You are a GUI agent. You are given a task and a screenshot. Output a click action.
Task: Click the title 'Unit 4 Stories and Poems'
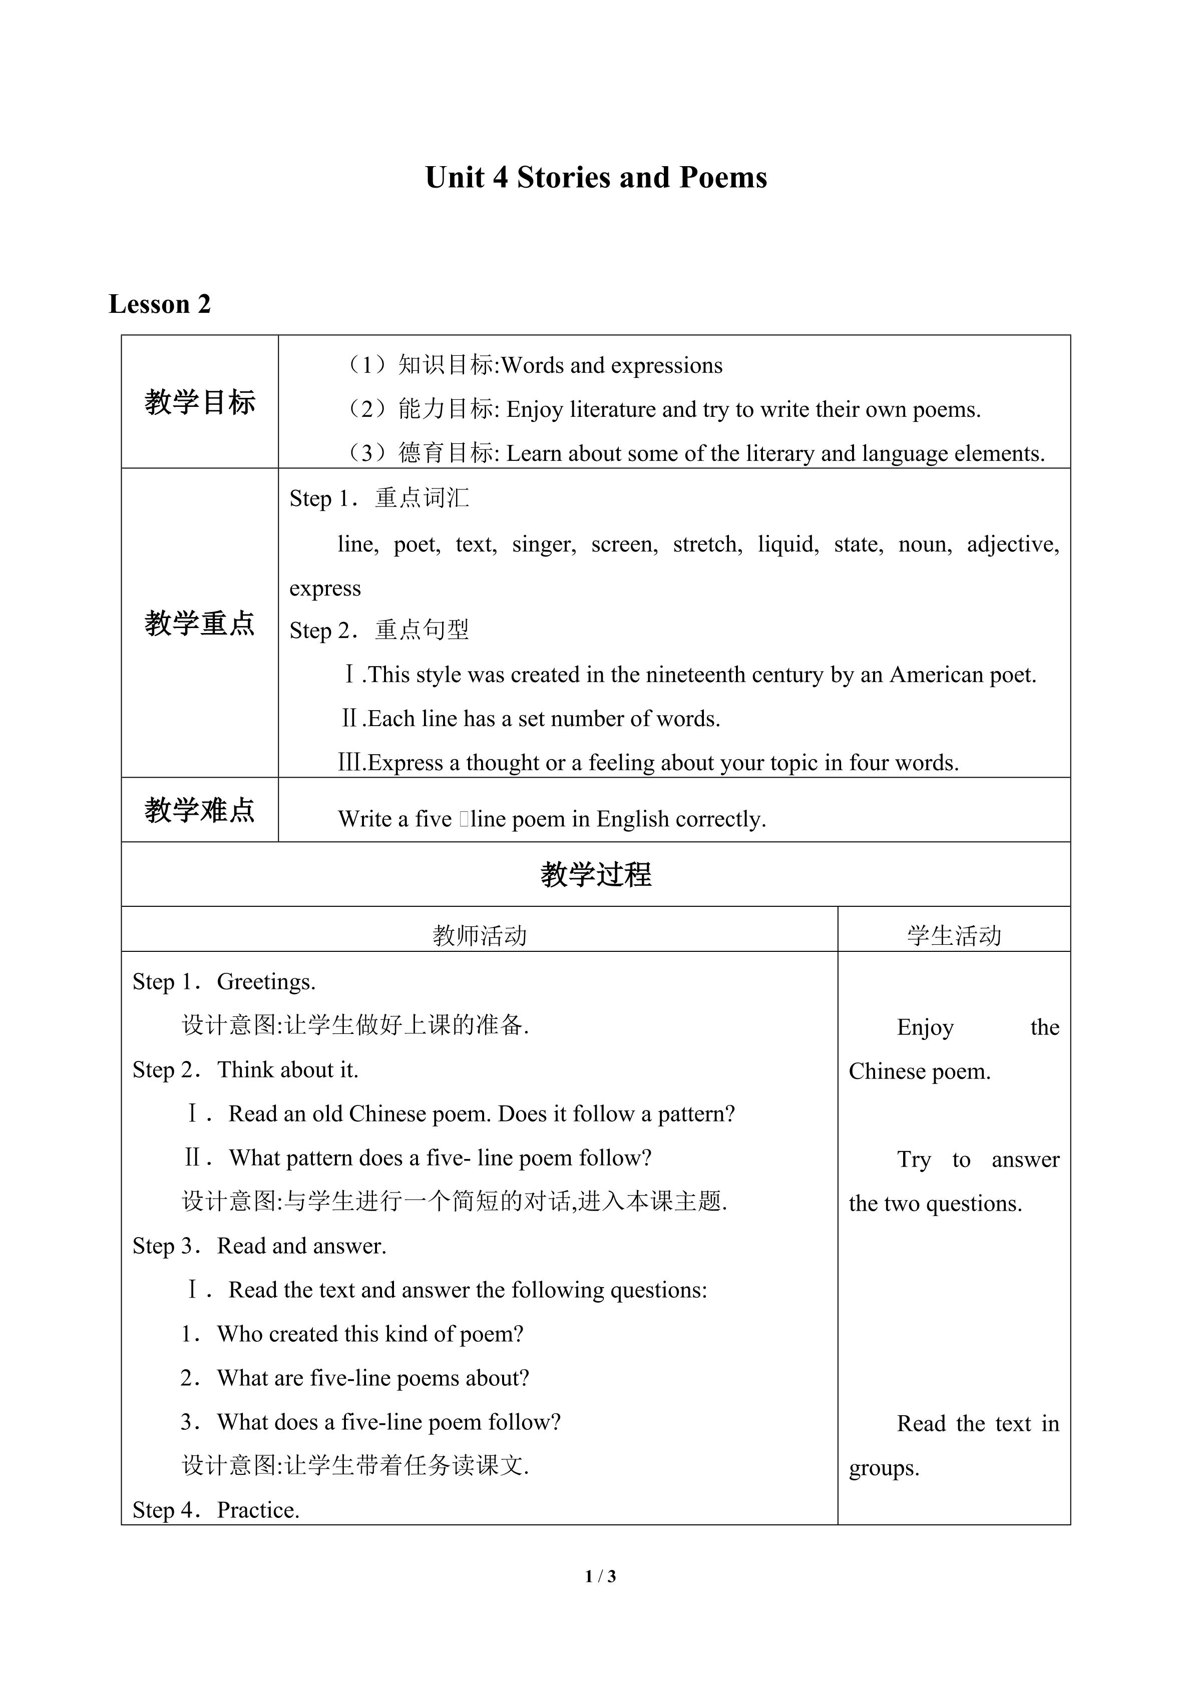tap(595, 178)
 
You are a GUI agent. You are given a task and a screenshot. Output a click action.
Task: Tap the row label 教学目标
tap(200, 402)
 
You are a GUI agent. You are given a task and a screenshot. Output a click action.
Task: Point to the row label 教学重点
tap(200, 623)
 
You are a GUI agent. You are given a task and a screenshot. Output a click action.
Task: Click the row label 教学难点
tap(200, 810)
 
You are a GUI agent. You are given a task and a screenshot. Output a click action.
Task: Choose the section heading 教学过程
tap(595, 874)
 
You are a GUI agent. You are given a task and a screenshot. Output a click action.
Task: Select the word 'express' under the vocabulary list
tap(325, 589)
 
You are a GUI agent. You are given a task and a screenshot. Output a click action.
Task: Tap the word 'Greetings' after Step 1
tap(266, 982)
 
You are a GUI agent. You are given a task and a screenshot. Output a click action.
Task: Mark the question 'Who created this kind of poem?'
tap(370, 1334)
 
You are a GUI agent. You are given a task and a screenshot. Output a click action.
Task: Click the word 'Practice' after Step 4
tap(258, 1510)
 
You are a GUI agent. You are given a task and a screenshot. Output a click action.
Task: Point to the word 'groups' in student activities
tap(883, 1468)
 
